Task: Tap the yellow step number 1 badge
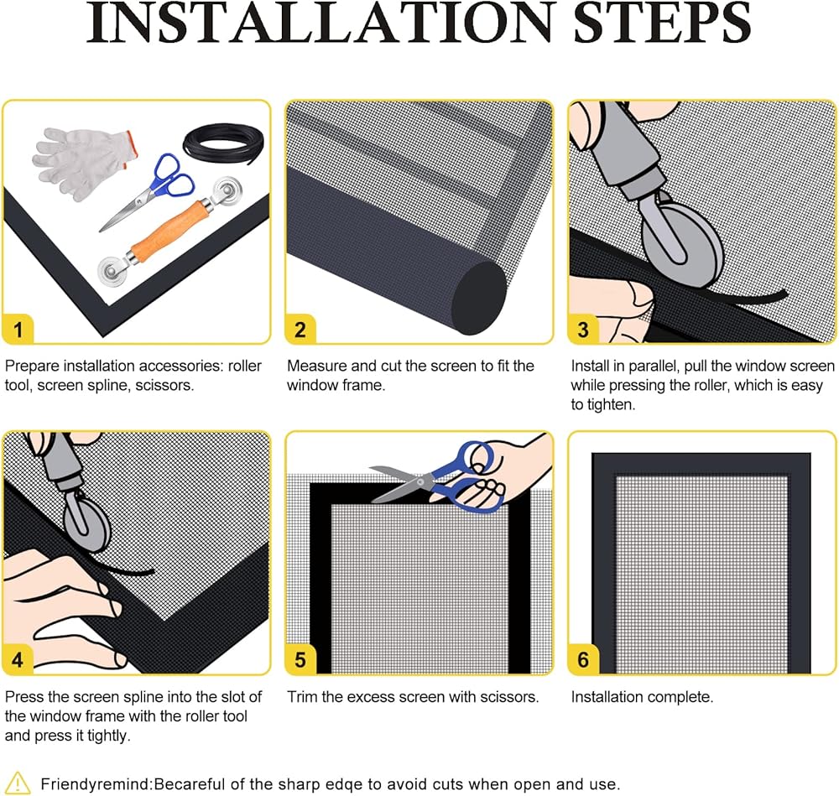click(18, 330)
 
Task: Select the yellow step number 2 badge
click(300, 330)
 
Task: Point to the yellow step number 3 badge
click(583, 330)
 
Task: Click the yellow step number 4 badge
click(18, 659)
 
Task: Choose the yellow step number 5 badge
click(300, 659)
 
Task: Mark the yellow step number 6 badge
click(583, 659)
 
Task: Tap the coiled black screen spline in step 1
click(223, 143)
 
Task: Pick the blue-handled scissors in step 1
click(150, 190)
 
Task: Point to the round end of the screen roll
click(479, 298)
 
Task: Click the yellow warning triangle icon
click(18, 783)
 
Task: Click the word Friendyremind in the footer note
click(96, 784)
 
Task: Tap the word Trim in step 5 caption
click(301, 696)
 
